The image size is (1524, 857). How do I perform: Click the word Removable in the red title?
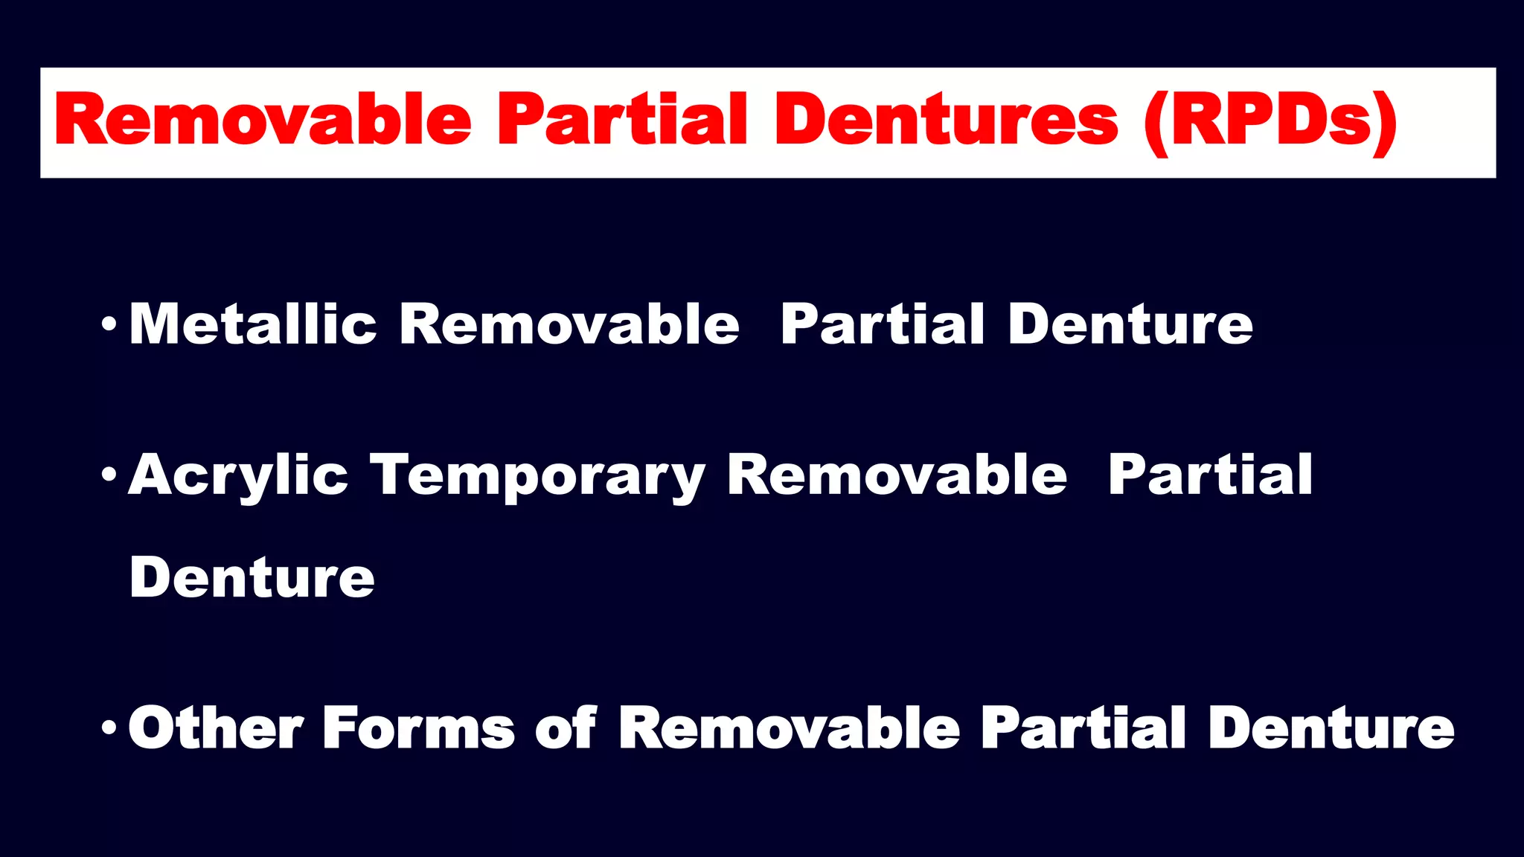click(262, 121)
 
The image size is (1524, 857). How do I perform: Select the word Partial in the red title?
click(621, 121)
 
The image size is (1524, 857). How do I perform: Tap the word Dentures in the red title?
click(946, 121)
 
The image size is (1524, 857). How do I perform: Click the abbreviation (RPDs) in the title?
click(1270, 122)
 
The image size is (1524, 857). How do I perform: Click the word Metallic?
click(253, 325)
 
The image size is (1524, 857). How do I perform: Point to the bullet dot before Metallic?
click(109, 324)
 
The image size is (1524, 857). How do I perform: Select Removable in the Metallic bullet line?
click(569, 325)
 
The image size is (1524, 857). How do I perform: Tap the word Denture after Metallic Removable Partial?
click(1130, 325)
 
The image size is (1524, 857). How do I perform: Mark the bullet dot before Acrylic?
click(109, 474)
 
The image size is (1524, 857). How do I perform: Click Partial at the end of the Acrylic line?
click(1210, 475)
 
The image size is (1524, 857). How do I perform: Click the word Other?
click(216, 728)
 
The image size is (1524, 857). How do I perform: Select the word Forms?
click(418, 728)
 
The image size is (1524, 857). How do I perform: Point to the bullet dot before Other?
click(109, 727)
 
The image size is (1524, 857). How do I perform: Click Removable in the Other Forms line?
click(789, 728)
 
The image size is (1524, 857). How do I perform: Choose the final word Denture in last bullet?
click(1331, 728)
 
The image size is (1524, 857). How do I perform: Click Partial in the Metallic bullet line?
click(883, 325)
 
